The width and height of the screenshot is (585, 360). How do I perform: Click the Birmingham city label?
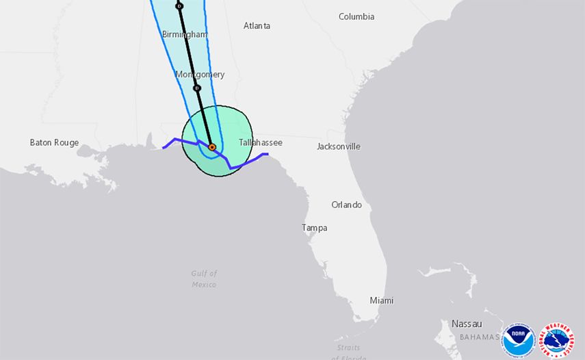click(x=184, y=34)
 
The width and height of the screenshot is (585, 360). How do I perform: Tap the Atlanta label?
click(x=257, y=26)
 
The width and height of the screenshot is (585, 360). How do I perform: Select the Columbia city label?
click(x=356, y=16)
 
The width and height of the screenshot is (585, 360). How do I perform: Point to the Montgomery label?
click(x=200, y=75)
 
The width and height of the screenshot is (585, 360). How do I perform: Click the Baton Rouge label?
click(x=54, y=143)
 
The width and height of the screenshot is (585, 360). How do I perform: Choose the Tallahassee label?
click(x=260, y=142)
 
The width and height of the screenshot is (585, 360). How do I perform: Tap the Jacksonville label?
click(x=339, y=146)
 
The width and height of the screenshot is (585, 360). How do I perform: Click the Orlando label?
click(x=346, y=205)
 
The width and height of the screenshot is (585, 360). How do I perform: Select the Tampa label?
click(x=315, y=228)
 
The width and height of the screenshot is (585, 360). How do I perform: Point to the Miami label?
click(x=381, y=300)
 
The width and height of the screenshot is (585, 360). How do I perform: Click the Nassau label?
click(x=467, y=323)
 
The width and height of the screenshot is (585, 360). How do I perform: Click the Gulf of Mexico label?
click(x=204, y=279)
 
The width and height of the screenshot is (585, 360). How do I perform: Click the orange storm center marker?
click(x=212, y=147)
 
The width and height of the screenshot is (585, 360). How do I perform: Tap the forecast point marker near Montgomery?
click(x=197, y=88)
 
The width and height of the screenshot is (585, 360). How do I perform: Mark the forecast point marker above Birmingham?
click(x=179, y=6)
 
